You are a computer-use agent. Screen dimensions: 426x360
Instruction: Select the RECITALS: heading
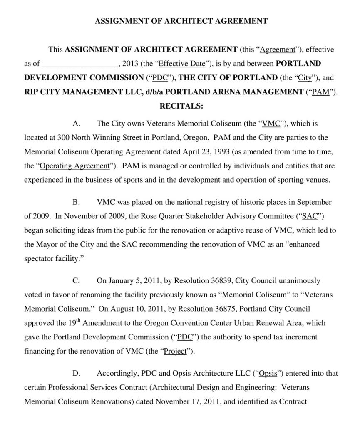click(181, 106)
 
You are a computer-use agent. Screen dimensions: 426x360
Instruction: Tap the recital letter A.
click(76, 124)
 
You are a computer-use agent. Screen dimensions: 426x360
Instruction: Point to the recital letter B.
click(76, 202)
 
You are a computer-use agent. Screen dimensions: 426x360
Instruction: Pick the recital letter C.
click(76, 281)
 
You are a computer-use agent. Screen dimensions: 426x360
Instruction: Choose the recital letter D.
click(76, 374)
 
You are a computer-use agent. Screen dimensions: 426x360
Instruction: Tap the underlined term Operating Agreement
click(74, 166)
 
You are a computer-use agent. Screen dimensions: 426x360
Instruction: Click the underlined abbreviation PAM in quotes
click(320, 92)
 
